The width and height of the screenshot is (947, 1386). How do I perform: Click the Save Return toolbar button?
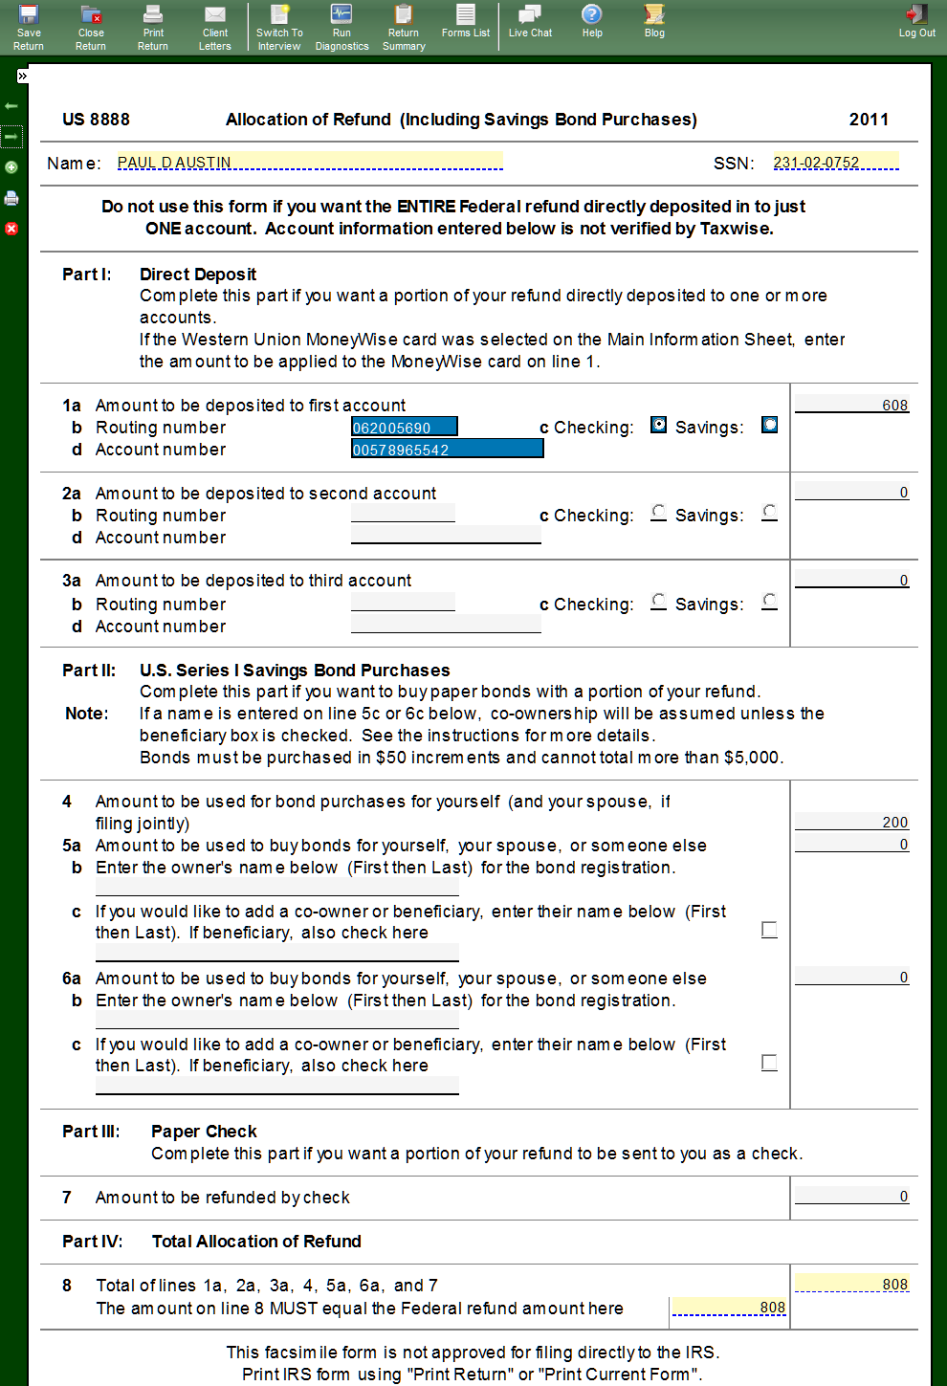pos(29,26)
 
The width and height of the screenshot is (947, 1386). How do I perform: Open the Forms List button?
pos(466,21)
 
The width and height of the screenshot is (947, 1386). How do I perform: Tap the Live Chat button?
pos(530,21)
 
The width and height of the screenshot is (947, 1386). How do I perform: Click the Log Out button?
pos(916,21)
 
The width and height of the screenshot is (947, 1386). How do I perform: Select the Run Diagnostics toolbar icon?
pos(341,26)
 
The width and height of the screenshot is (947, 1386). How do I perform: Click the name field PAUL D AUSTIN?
pos(309,162)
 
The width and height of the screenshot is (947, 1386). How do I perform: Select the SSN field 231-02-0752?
pos(835,162)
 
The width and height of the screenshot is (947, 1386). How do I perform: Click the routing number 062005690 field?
pos(404,428)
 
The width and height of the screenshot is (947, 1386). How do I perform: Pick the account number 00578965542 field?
pos(447,450)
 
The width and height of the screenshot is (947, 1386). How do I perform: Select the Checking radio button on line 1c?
pos(658,425)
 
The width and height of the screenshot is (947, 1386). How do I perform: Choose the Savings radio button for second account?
pos(769,513)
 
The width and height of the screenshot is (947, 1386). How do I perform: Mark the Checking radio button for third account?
pos(658,601)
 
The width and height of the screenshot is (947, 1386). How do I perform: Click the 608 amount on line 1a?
pos(851,405)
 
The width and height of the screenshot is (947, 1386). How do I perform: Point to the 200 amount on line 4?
pos(851,822)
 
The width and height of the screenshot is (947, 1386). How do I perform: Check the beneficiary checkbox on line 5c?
pos(769,930)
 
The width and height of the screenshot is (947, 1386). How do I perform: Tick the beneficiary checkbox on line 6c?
pos(769,1063)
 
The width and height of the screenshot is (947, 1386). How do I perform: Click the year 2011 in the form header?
pos(869,120)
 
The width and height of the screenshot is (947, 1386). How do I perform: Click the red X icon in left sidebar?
pos(11,229)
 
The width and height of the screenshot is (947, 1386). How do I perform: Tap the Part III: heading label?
pos(91,1132)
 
